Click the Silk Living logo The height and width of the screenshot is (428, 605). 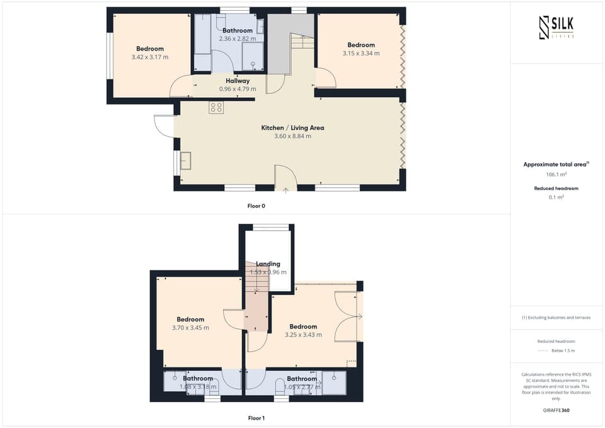point(556,27)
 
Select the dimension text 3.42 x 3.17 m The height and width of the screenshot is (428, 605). point(150,57)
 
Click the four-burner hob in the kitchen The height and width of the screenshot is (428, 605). point(216,108)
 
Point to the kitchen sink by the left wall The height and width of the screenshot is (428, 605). point(187,161)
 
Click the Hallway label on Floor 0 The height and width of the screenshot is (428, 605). point(238,81)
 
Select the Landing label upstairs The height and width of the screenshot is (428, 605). point(268,264)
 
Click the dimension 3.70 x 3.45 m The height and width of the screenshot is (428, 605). point(190,328)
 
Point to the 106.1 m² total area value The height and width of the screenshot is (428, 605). point(556,174)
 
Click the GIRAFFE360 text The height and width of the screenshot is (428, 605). point(556,410)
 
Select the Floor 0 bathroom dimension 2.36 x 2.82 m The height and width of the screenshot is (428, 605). point(237,39)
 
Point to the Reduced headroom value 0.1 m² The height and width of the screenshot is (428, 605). point(556,197)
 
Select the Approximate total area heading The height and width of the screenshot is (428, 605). point(556,165)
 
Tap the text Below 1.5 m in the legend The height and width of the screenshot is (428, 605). point(563,350)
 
